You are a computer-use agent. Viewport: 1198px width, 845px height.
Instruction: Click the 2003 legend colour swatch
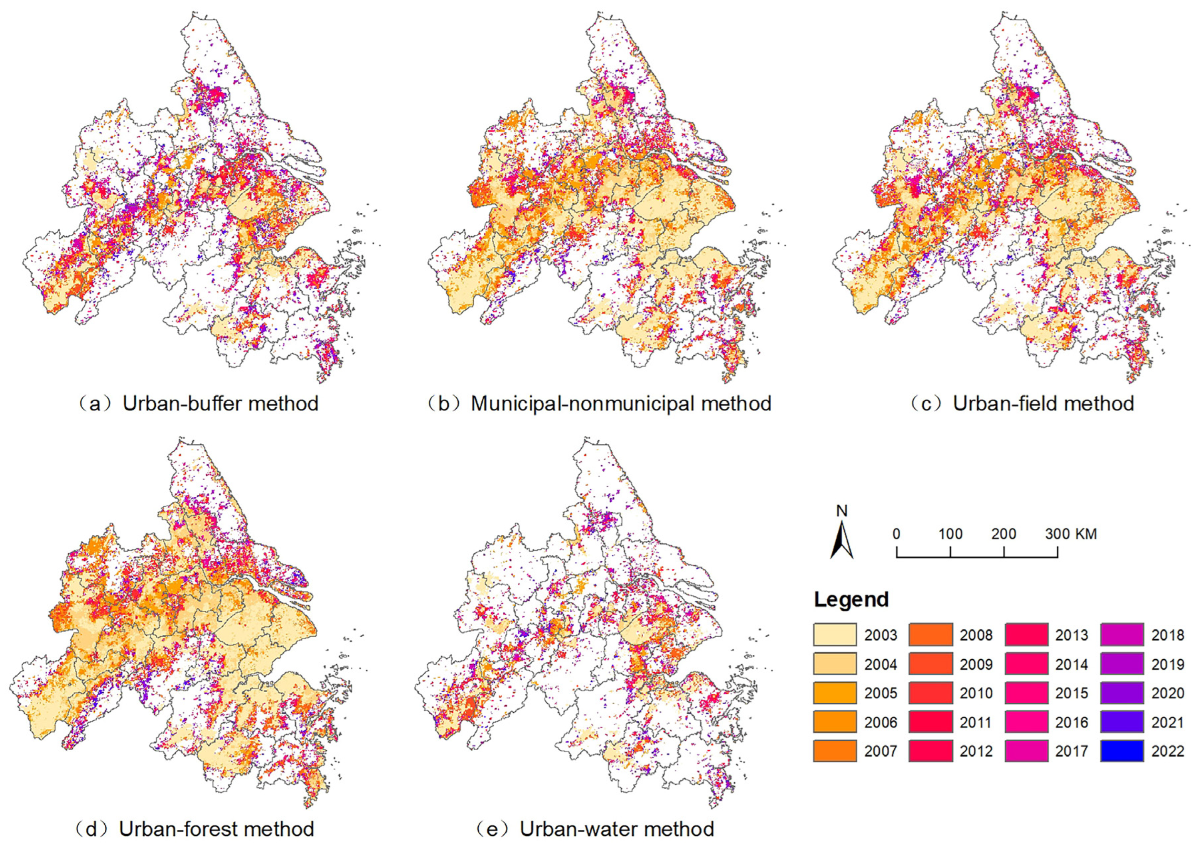[834, 635]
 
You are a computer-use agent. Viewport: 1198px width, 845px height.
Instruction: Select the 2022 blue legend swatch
[1122, 751]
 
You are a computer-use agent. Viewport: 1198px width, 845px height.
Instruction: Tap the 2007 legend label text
[881, 751]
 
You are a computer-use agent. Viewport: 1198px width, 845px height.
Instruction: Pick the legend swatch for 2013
[1026, 635]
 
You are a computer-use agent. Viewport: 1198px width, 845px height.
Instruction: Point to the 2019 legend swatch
[1122, 664]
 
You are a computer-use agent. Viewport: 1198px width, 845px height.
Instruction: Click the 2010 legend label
[976, 693]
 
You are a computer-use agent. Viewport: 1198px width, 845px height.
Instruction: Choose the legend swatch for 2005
[834, 693]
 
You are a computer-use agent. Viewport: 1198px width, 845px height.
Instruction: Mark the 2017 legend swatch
[1026, 751]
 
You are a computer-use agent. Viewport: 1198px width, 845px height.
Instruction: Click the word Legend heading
[851, 599]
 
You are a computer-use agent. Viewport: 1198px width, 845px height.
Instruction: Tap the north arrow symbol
[841, 541]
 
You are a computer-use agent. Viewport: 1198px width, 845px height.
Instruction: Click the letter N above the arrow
[841, 511]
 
